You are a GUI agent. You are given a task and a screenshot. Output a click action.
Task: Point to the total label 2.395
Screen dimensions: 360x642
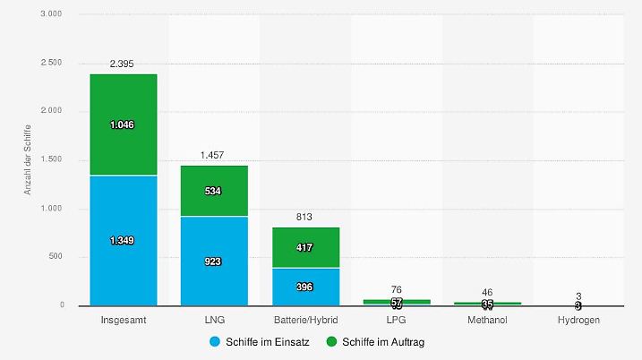(x=123, y=64)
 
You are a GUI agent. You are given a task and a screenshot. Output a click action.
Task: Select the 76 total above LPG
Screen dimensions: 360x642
(x=397, y=289)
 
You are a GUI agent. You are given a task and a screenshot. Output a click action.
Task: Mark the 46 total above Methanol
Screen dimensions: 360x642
(x=488, y=292)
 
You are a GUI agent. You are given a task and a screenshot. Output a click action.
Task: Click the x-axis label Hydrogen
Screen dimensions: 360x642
(x=579, y=320)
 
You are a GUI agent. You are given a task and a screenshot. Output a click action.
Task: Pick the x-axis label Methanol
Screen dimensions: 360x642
(x=488, y=320)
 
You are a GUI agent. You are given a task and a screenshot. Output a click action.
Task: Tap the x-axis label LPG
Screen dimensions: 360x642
(x=397, y=320)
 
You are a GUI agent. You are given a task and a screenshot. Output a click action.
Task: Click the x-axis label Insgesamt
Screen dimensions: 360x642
(x=123, y=320)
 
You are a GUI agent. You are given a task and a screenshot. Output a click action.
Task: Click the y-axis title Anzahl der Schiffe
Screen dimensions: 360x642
(x=28, y=160)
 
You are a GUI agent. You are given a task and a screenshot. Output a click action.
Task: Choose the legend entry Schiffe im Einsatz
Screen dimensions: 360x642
(x=259, y=342)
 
